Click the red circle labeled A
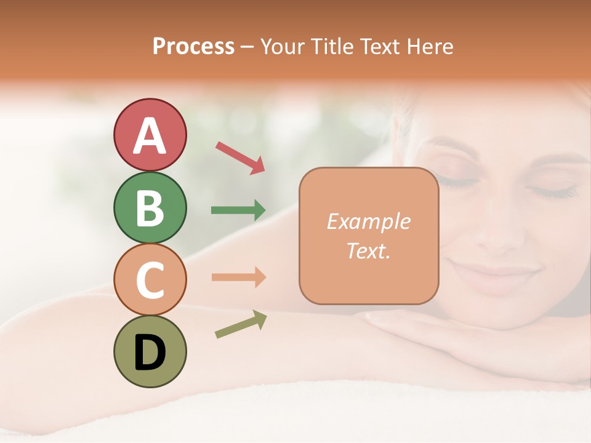[150, 135]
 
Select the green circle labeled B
[150, 207]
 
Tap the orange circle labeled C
[150, 279]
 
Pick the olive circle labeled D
[150, 351]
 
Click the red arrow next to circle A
[240, 158]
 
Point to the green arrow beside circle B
[238, 210]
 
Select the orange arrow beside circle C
[238, 277]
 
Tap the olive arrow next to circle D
[241, 324]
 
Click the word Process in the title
[193, 47]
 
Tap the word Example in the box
[368, 221]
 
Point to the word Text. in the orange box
[368, 250]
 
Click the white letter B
[150, 208]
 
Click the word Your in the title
[284, 47]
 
